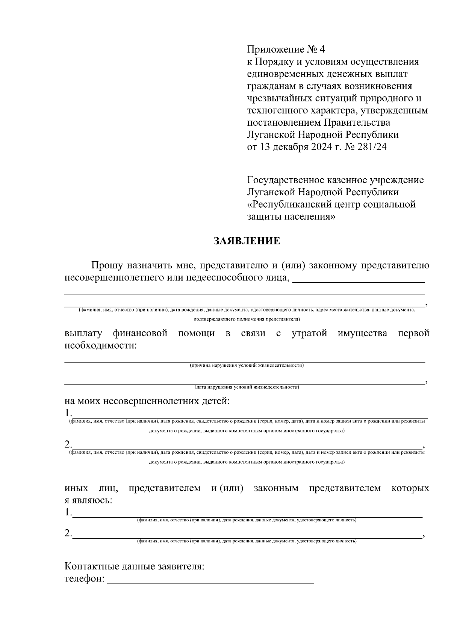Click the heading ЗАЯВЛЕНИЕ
pyautogui.click(x=247, y=241)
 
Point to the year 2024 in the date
pyautogui.click(x=321, y=147)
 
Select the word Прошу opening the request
pyautogui.click(x=107, y=266)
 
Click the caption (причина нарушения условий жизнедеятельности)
pyautogui.click(x=247, y=366)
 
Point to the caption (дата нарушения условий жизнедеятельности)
pyautogui.click(x=247, y=387)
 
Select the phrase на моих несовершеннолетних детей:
pyautogui.click(x=147, y=401)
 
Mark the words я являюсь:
pyautogui.click(x=88, y=500)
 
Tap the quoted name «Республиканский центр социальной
pyautogui.click(x=331, y=205)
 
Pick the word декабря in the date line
pyautogui.click(x=291, y=147)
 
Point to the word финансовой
pyautogui.click(x=140, y=333)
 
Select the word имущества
pyautogui.click(x=362, y=333)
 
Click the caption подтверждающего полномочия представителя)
pyautogui.click(x=247, y=319)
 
